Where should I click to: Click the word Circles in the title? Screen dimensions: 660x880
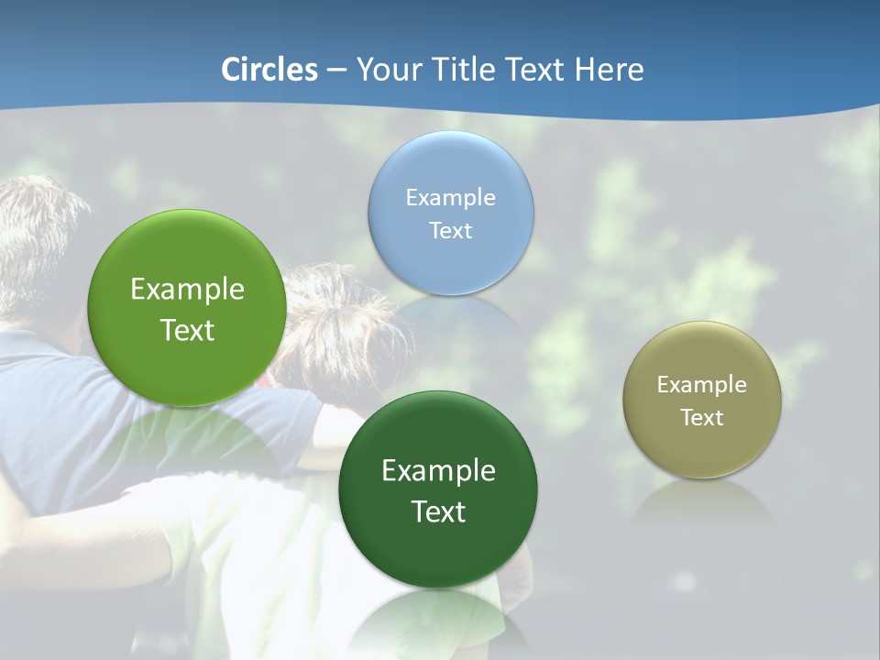click(269, 70)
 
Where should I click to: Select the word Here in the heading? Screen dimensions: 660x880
click(609, 70)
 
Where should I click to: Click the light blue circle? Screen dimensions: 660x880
click(451, 213)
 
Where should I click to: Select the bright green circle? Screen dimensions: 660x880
click(187, 308)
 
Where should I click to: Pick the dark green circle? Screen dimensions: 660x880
click(438, 489)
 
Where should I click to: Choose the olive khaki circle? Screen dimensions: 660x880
click(702, 400)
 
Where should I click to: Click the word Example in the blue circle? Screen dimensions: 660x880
click(451, 197)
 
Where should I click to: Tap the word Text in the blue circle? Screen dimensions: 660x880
click(451, 230)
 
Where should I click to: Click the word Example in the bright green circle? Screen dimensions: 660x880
click(187, 290)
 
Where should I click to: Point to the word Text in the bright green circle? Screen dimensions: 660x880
click(187, 330)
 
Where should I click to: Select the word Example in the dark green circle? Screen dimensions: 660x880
click(438, 471)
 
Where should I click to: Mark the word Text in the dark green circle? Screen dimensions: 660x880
click(438, 511)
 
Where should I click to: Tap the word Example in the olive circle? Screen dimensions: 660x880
click(702, 384)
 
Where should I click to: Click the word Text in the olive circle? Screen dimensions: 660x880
click(702, 417)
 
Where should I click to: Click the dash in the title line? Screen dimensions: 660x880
click(335, 70)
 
